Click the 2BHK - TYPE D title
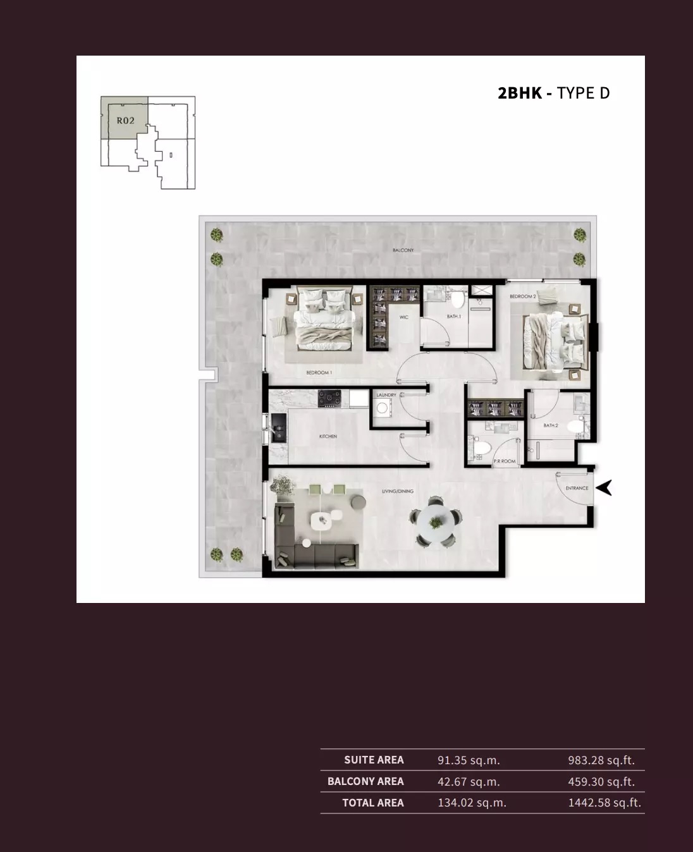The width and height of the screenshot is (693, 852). pos(553,93)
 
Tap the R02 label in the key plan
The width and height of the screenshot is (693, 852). pos(125,120)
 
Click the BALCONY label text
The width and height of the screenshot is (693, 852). pos(403,250)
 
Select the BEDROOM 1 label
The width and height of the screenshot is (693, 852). pos(319,373)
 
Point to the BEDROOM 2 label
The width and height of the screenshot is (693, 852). pos(523,296)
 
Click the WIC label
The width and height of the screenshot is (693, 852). pos(404,317)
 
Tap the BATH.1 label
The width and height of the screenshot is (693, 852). pos(453,316)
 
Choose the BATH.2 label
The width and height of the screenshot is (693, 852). pos(550,425)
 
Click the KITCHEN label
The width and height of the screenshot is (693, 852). pos(328,436)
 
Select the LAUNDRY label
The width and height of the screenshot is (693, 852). pos(386,395)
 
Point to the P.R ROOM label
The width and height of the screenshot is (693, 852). pos(504,461)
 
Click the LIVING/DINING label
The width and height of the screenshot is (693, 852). pos(397,491)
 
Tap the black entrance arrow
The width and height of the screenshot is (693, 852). pos(604,487)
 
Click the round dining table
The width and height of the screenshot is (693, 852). pos(435,521)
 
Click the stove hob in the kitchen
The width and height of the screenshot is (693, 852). pos(329,398)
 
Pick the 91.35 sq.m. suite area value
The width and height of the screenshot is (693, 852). pos(468,760)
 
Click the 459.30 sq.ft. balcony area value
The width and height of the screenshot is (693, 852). pos(601,782)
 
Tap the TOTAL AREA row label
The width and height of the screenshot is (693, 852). pos(372,803)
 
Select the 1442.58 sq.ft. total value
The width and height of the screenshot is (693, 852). pos(604,803)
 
